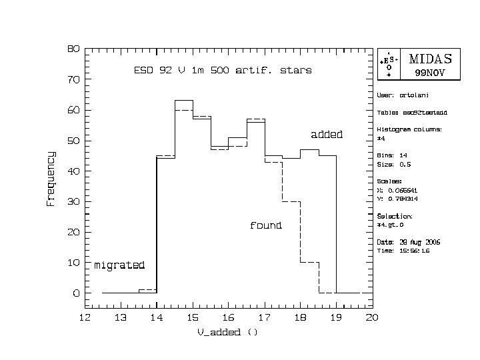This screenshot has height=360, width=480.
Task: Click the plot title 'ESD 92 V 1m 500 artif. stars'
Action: [223, 70]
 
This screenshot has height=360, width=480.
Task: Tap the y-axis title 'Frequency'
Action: [51, 178]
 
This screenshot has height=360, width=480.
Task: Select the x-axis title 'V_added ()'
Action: [227, 333]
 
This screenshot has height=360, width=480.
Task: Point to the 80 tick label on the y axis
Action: [73, 49]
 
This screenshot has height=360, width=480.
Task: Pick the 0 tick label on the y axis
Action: [76, 293]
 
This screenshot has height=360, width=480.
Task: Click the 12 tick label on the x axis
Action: [85, 317]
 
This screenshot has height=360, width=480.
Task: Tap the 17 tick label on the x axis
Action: [264, 317]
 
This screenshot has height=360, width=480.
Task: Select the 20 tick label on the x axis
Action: [371, 317]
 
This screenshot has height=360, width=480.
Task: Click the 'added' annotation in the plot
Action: [327, 135]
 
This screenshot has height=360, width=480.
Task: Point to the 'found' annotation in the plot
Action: [265, 225]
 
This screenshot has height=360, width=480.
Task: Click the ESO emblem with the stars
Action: [389, 64]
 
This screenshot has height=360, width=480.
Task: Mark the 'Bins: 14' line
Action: [393, 155]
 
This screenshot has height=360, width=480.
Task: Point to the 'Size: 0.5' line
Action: [395, 164]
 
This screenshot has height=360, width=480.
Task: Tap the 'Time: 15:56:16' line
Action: [404, 251]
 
